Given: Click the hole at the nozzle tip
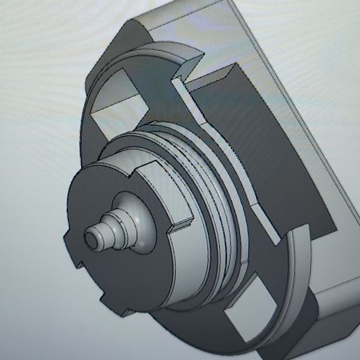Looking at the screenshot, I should (x=91, y=237).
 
